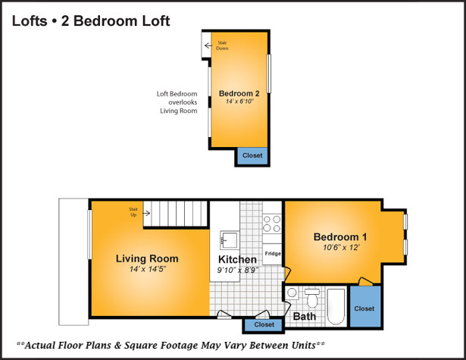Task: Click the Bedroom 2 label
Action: click(x=239, y=93)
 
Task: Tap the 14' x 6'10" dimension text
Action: click(x=239, y=102)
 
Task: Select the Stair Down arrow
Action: click(x=208, y=45)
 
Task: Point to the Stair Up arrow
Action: click(x=146, y=213)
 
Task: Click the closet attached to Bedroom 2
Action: click(x=252, y=156)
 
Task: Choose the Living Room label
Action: click(x=147, y=258)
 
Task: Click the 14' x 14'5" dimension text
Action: click(x=148, y=269)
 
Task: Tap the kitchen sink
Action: click(x=229, y=240)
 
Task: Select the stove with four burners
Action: click(x=272, y=224)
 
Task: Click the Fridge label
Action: click(x=273, y=254)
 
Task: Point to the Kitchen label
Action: click(x=237, y=259)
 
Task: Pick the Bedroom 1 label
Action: click(x=340, y=237)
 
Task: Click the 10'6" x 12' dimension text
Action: click(x=341, y=247)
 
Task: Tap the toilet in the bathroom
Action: click(x=312, y=298)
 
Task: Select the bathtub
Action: click(x=336, y=306)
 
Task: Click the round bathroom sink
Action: click(x=292, y=293)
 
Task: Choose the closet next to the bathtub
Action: click(x=365, y=306)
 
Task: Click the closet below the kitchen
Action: click(x=264, y=324)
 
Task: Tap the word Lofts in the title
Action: click(x=30, y=21)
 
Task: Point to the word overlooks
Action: click(x=183, y=102)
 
